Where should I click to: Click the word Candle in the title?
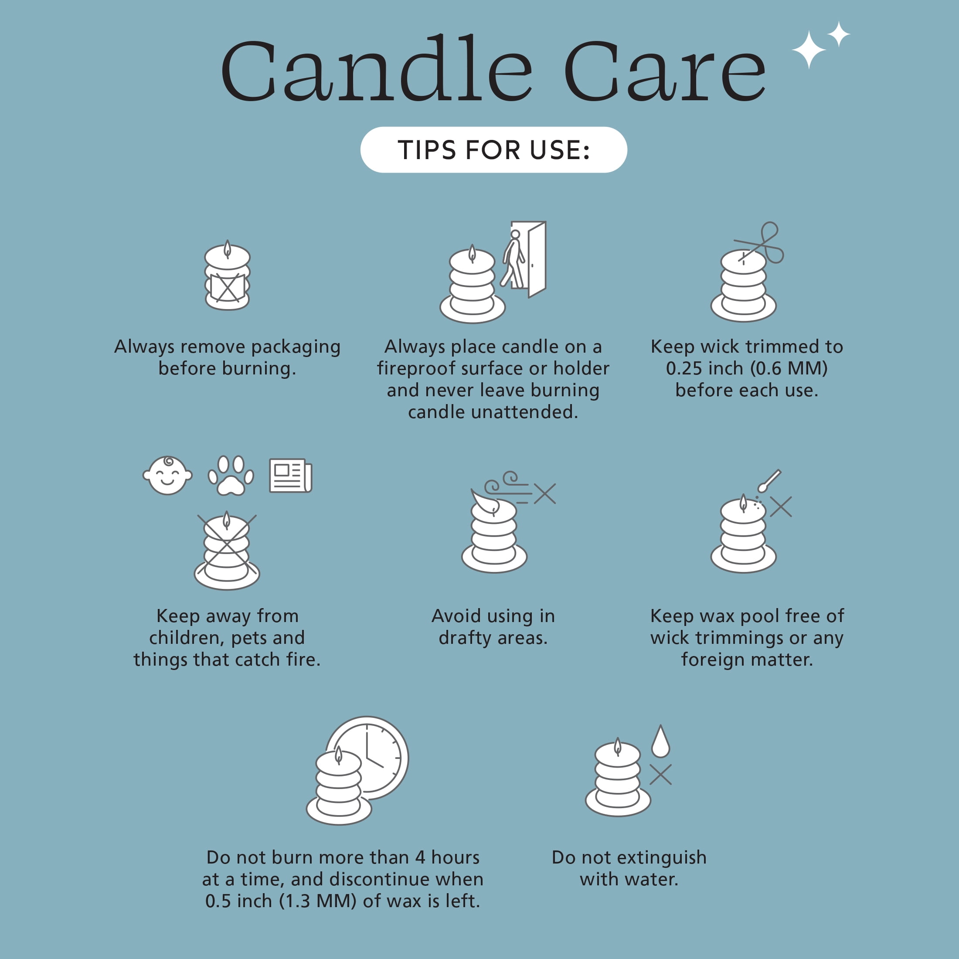(377, 68)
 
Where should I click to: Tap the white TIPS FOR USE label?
(493, 150)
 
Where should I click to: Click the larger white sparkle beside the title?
(809, 50)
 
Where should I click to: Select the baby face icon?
(167, 475)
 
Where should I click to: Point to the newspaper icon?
(290, 476)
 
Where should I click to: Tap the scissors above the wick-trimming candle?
(759, 243)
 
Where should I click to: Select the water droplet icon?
(661, 741)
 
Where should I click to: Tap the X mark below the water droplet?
(661, 774)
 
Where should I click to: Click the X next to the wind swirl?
(545, 493)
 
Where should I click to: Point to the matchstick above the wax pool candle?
(769, 480)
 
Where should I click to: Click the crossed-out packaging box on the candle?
(228, 287)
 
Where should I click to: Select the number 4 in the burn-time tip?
(420, 858)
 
